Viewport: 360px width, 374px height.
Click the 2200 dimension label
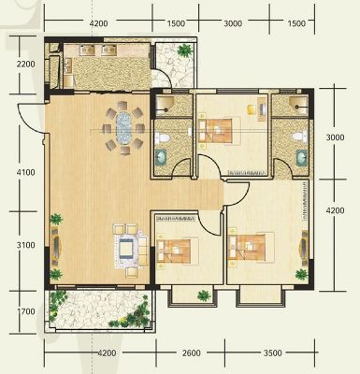click(26, 65)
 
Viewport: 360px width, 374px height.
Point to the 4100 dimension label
click(26, 172)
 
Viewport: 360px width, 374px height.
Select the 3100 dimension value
click(26, 245)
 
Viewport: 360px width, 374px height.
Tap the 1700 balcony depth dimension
click(26, 311)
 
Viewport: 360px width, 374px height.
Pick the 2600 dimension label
click(191, 353)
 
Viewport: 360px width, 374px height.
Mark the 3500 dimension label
click(272, 353)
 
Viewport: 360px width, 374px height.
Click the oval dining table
click(123, 128)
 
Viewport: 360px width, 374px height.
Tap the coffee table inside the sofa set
click(128, 250)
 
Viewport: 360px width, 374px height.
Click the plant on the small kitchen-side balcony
click(185, 50)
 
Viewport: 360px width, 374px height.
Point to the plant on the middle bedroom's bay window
click(204, 295)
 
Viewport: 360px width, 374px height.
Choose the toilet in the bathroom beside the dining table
click(163, 137)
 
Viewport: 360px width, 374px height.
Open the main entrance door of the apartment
click(32, 119)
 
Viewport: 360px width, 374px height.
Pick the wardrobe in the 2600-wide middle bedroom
click(176, 219)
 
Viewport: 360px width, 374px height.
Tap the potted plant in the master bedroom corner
click(301, 275)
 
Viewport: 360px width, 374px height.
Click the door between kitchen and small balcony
click(163, 78)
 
